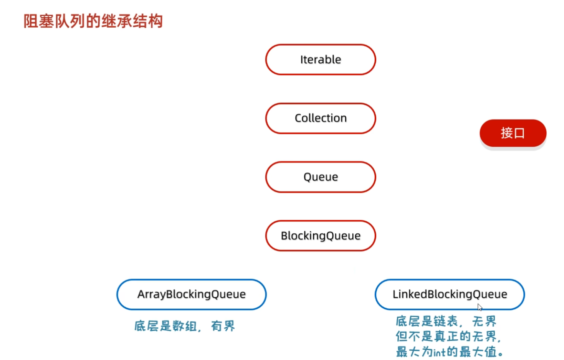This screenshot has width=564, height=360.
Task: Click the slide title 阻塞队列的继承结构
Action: click(x=93, y=21)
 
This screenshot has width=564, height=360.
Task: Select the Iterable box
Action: click(x=321, y=59)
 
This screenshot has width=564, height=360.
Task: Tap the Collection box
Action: click(x=321, y=118)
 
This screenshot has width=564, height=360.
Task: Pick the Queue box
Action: click(x=321, y=177)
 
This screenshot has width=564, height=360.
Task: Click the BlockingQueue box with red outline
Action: click(x=321, y=236)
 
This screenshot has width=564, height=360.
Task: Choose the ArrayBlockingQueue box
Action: click(x=191, y=294)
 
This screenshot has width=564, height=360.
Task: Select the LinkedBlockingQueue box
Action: click(x=450, y=294)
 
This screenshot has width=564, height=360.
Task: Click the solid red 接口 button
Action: click(x=513, y=133)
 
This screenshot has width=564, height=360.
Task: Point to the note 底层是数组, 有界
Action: click(x=184, y=326)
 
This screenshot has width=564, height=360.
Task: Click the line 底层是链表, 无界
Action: click(x=446, y=321)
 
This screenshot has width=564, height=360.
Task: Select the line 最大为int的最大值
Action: click(x=449, y=352)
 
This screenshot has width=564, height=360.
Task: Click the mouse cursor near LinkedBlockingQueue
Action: click(x=480, y=307)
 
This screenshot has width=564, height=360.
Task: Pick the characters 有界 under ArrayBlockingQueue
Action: click(x=223, y=326)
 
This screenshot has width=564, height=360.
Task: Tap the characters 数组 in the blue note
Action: click(x=184, y=326)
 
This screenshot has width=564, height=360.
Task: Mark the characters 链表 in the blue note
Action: click(x=445, y=321)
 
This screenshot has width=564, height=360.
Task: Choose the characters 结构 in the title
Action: click(x=148, y=21)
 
